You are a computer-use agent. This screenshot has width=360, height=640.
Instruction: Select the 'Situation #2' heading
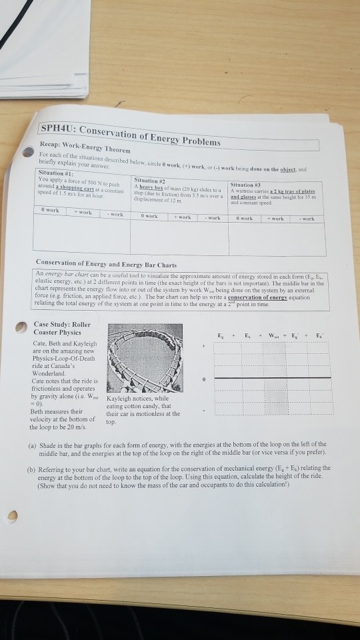tap(149, 179)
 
